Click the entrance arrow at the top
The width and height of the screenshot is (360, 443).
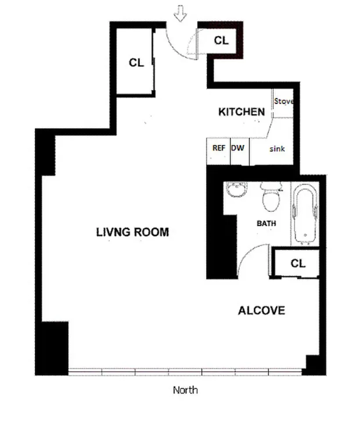[180, 15]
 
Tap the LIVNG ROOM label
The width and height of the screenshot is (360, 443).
[132, 232]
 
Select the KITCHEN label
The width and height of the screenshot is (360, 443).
[241, 112]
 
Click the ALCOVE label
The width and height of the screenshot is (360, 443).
[261, 311]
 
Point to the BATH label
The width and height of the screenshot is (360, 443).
[266, 223]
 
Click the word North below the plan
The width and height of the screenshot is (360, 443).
[185, 390]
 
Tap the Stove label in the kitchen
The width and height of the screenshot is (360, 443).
[283, 101]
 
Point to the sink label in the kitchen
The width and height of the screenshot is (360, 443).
[277, 149]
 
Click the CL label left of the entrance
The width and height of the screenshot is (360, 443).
[136, 63]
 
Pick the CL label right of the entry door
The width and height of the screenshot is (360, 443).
[221, 40]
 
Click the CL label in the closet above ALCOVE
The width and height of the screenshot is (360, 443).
[298, 263]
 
